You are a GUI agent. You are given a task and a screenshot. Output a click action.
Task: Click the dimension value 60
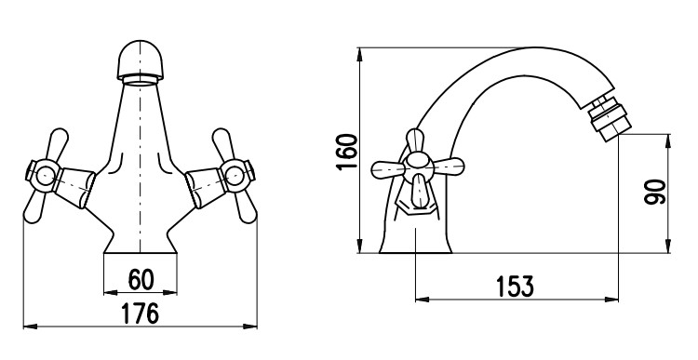coord(141,279)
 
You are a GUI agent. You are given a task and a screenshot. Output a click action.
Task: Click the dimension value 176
coord(141,313)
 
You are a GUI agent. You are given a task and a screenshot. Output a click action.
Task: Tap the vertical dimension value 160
coord(347,152)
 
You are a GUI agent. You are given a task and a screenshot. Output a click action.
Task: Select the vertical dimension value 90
coord(655,192)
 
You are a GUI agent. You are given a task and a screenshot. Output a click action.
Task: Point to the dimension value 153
coord(515,287)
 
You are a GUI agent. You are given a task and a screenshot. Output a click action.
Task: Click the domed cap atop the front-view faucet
coord(141,60)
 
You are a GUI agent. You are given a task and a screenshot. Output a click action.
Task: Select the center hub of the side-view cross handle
coord(418,167)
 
